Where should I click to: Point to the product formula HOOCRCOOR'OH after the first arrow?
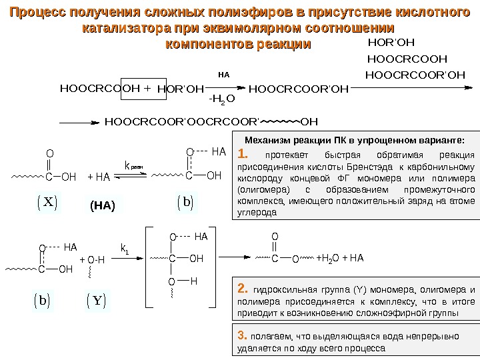(x=298, y=87)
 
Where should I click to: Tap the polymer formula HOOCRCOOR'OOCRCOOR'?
(x=181, y=122)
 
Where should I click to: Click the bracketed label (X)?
(x=46, y=202)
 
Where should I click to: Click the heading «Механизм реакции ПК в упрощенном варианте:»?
(x=354, y=140)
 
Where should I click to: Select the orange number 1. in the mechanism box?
(x=244, y=155)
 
